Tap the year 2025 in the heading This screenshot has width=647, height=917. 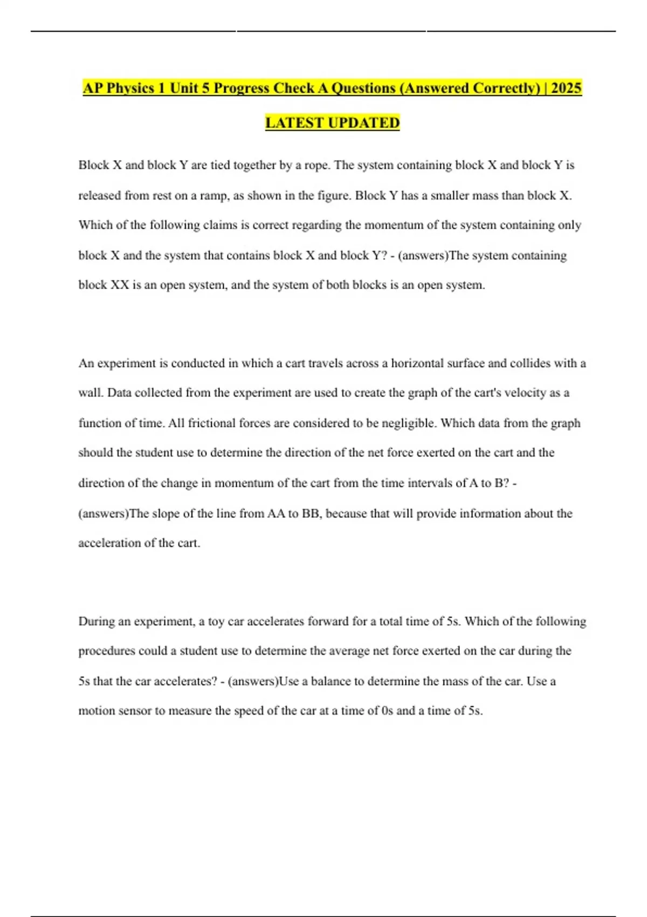coord(566,88)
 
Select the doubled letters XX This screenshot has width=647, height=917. coord(120,285)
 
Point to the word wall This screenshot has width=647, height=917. coord(91,393)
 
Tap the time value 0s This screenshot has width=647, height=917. coord(387,711)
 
